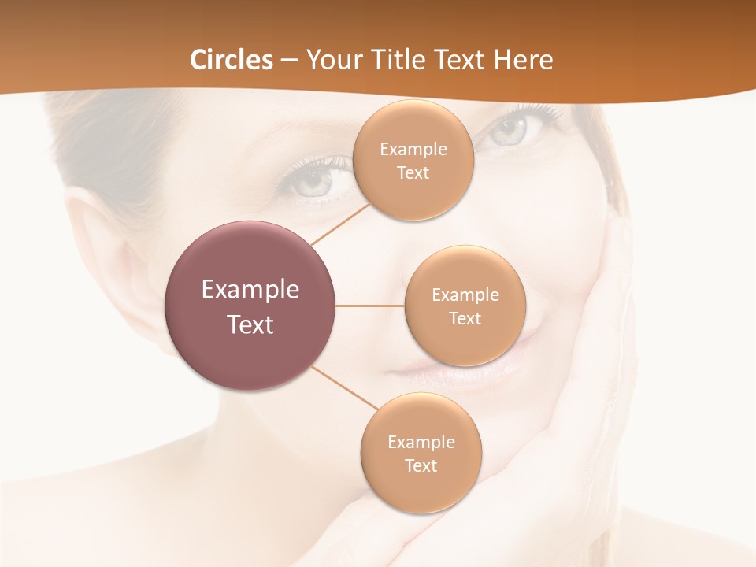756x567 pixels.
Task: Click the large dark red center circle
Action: pos(250,306)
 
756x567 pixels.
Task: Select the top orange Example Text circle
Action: pos(413,161)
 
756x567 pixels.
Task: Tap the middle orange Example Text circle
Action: pos(465,306)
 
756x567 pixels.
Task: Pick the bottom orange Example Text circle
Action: pos(421,453)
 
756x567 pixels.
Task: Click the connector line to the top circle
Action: pos(341,224)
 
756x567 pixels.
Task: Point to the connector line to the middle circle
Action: pos(370,306)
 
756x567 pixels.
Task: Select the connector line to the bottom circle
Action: pos(343,391)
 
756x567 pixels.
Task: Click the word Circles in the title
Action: pos(232,60)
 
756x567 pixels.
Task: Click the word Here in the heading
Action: pos(523,60)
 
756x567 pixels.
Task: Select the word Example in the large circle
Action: pos(250,289)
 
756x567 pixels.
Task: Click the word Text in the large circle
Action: pos(250,324)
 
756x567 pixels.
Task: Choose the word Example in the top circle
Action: pos(413,149)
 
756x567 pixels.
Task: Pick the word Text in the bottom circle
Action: pos(421,465)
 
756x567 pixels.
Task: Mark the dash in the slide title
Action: pos(289,60)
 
